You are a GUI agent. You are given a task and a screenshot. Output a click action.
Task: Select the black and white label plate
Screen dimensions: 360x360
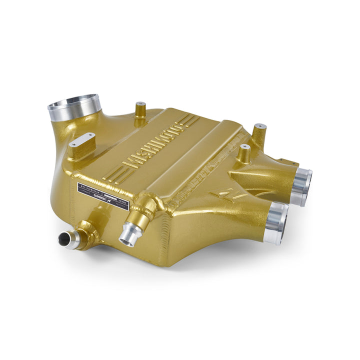point(103,195)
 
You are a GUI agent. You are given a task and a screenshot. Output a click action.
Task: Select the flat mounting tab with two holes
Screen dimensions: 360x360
point(82,140)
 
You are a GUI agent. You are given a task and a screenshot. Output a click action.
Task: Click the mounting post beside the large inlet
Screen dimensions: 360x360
point(140,109)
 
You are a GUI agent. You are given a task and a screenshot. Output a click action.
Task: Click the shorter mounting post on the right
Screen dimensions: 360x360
point(243,153)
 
